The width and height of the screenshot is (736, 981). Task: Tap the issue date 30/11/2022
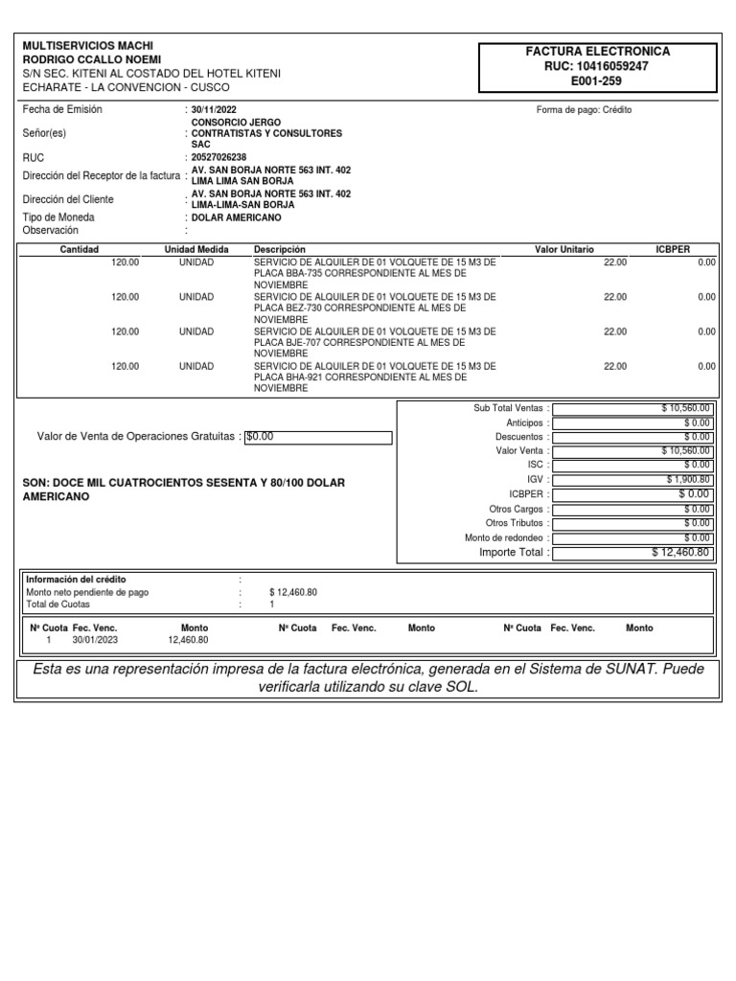point(213,110)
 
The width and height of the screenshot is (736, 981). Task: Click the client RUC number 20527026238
point(218,157)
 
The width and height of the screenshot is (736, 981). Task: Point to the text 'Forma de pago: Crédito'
point(584,110)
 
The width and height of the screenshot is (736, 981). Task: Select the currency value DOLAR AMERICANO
point(230,217)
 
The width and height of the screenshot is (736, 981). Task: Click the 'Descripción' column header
point(279,249)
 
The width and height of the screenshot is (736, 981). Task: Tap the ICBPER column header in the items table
point(672,249)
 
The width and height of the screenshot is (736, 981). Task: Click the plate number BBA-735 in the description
point(296,273)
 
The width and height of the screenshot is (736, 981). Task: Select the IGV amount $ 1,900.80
point(688,479)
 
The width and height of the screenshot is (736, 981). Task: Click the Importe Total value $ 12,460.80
point(680,552)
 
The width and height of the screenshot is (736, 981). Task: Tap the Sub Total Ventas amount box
point(632,408)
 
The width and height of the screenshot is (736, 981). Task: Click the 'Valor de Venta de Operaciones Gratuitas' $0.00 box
point(318,437)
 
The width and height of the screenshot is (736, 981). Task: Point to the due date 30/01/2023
point(94,640)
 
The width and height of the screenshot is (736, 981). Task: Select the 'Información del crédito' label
point(76,580)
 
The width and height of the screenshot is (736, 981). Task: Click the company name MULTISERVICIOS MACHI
point(87,46)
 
